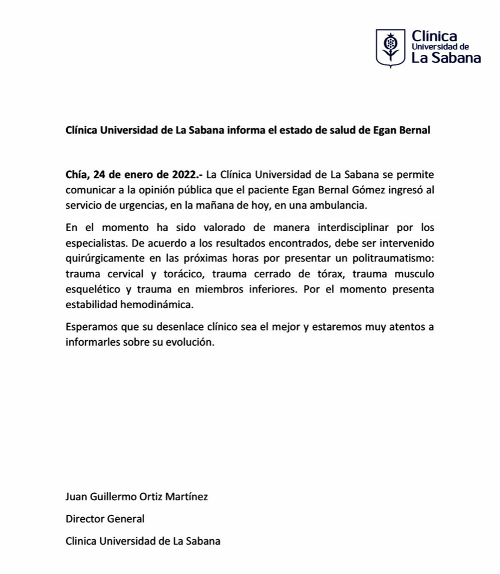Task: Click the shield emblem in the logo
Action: pos(390,48)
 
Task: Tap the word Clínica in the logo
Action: pos(434,36)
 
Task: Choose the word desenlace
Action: pos(176,328)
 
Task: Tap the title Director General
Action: pos(105,519)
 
